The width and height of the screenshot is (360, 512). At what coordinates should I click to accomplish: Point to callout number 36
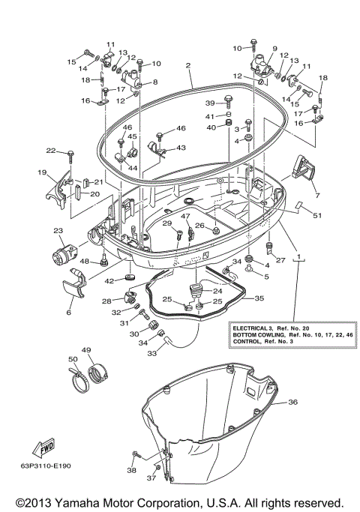tap(292, 403)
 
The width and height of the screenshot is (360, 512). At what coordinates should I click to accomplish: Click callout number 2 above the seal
tap(189, 65)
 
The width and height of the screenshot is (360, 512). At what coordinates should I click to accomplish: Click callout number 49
tap(86, 350)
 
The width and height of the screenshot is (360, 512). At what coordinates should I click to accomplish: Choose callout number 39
tap(211, 103)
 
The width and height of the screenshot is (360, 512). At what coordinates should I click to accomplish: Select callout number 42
tap(109, 280)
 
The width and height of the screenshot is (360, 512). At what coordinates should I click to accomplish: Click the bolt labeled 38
tap(137, 454)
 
